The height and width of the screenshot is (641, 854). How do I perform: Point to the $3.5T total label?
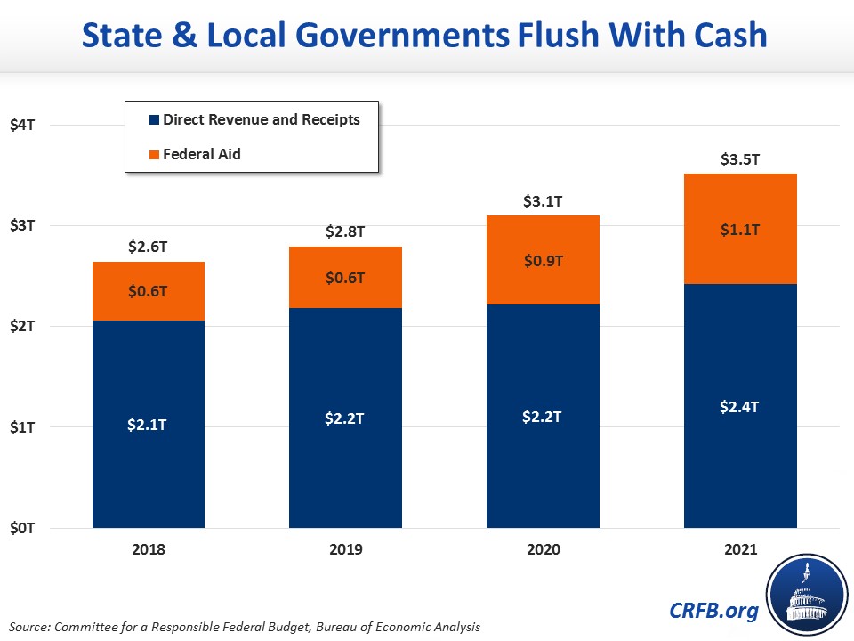point(740,160)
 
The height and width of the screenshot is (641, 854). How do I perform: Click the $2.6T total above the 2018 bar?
point(149,248)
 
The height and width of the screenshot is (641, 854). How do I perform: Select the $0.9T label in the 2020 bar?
point(543,261)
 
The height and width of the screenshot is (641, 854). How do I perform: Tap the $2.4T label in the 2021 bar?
point(740,406)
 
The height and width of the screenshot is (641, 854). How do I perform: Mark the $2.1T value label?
point(149,425)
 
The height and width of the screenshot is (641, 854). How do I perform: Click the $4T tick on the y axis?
point(23,125)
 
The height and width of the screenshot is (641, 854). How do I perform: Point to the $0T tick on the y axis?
point(23,528)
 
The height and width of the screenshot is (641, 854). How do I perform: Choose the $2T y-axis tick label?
point(23,327)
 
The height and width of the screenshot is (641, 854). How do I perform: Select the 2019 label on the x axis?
point(346,549)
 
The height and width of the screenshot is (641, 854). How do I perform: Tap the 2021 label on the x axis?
point(740,549)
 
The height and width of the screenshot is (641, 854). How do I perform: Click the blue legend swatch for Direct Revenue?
point(154,119)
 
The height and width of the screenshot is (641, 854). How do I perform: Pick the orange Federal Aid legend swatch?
point(154,154)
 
